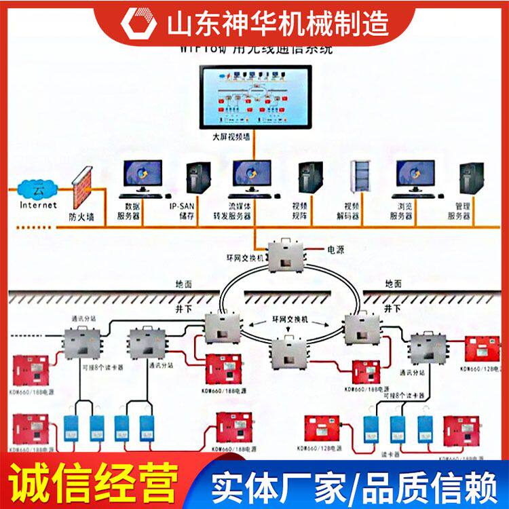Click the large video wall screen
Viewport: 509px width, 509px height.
(x=254, y=96)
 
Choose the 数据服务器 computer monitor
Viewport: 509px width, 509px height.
(x=143, y=176)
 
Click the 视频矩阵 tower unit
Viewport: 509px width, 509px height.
(x=309, y=178)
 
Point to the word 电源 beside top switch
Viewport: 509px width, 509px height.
(x=335, y=250)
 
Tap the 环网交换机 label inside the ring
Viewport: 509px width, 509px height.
(x=290, y=318)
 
